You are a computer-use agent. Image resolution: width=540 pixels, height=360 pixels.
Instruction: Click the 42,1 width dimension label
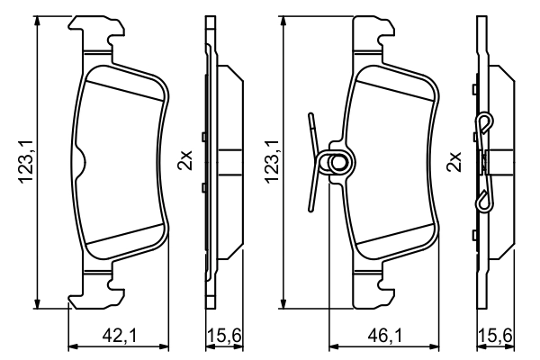click(118, 336)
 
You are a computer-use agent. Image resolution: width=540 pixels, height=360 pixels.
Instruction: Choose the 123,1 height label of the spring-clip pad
click(270, 163)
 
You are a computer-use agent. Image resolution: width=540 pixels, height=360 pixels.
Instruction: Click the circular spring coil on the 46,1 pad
click(340, 163)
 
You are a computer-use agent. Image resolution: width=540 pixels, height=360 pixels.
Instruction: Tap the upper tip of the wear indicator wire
click(310, 117)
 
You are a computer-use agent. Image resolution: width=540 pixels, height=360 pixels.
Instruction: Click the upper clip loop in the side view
click(483, 123)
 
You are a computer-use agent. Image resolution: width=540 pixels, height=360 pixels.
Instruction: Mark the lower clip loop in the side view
click(483, 201)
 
